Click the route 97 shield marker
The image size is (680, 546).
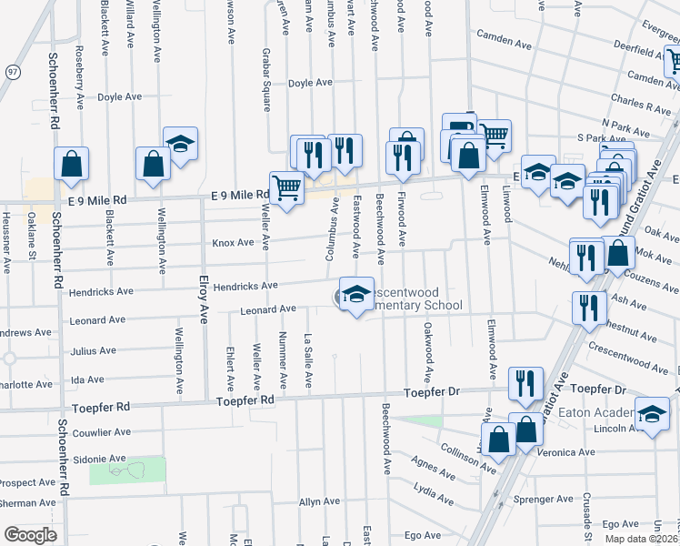coord(12,71)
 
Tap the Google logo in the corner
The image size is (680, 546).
coord(30,535)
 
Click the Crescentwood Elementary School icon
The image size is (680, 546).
coord(356,294)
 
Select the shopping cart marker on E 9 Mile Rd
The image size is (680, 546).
coord(286,187)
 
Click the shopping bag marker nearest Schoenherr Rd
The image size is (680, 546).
coord(71,164)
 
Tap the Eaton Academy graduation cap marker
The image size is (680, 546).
coord(652,414)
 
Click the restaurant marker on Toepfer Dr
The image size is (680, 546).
coord(525,383)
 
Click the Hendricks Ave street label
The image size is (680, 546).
coord(244,286)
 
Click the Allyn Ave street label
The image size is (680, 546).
coord(319,501)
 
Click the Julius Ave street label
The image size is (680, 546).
coord(94,350)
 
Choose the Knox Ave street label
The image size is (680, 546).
coord(233,243)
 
